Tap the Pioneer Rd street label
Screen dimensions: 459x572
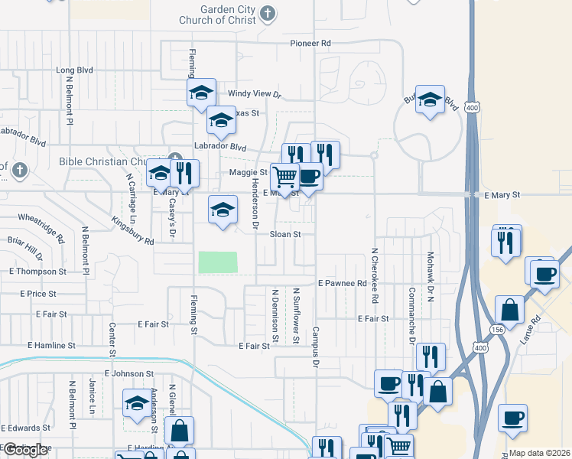coord(310,44)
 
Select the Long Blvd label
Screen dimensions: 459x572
coord(75,70)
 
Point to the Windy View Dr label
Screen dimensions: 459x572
coord(255,94)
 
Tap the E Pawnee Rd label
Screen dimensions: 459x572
coord(343,283)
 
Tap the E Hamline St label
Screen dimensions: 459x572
coord(51,346)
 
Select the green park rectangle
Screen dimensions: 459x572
coord(218,262)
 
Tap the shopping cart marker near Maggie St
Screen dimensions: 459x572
coord(284,177)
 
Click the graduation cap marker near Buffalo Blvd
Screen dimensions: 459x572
coord(431,99)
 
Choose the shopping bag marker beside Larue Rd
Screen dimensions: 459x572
coord(510,311)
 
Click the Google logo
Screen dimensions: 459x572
coord(25,450)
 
